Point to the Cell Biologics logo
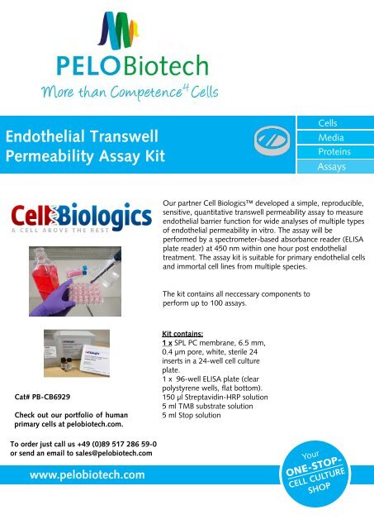point(81,217)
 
